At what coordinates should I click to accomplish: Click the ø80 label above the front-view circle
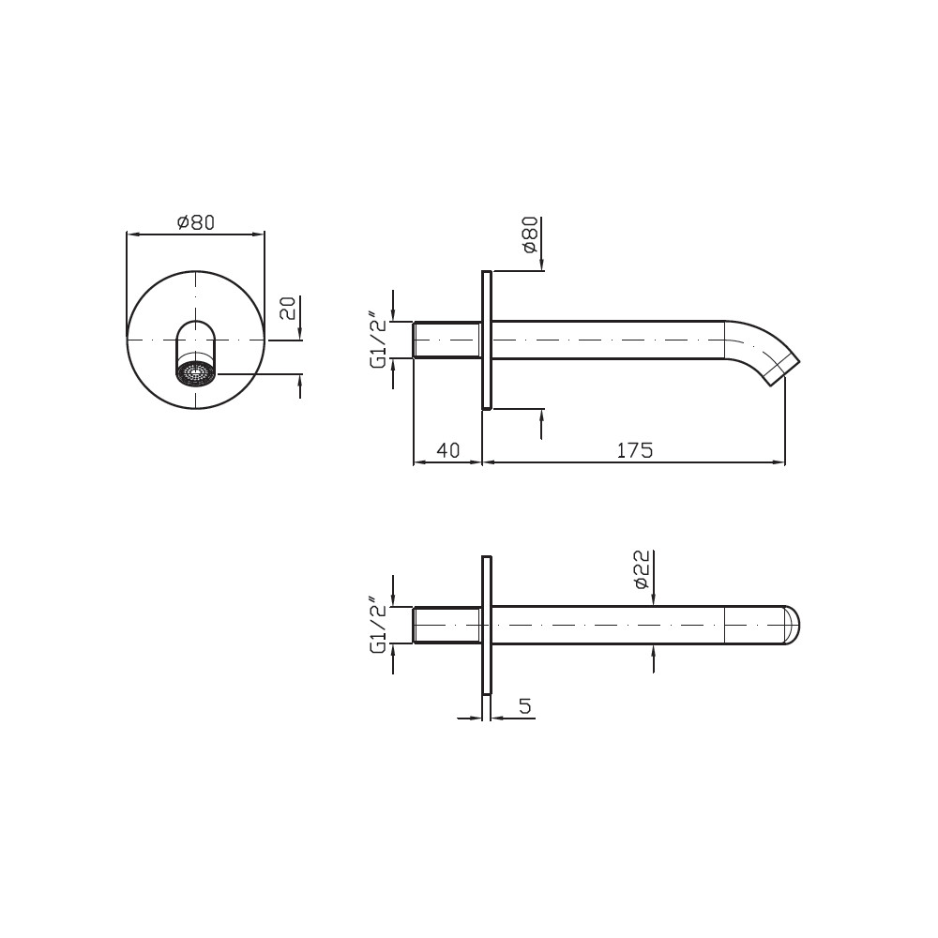[x=196, y=222]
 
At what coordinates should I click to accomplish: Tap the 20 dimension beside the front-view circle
[x=288, y=308]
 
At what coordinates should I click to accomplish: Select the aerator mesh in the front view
[x=196, y=374]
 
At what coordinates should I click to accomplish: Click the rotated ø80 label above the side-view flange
[x=531, y=235]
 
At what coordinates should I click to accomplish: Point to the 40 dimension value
[x=448, y=450]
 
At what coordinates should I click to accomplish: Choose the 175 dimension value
[x=635, y=450]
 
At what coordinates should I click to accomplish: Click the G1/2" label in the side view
[x=378, y=340]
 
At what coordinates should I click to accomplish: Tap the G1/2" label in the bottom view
[x=378, y=625]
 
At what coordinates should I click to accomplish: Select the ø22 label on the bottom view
[x=642, y=570]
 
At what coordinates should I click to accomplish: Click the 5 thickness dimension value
[x=524, y=706]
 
